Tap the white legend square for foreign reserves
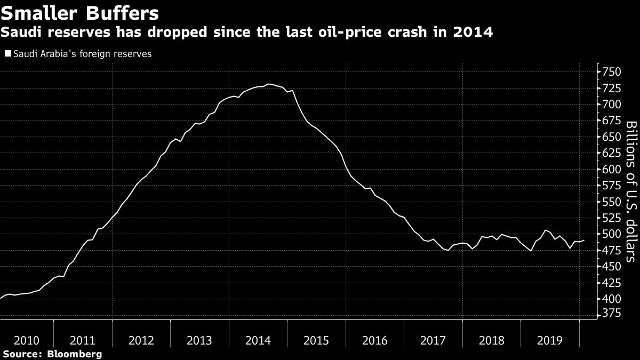7,54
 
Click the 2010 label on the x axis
26,340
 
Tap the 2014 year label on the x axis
258,340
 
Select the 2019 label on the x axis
549,340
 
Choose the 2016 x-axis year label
374,340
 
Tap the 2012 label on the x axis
141,340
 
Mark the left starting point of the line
1,298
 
